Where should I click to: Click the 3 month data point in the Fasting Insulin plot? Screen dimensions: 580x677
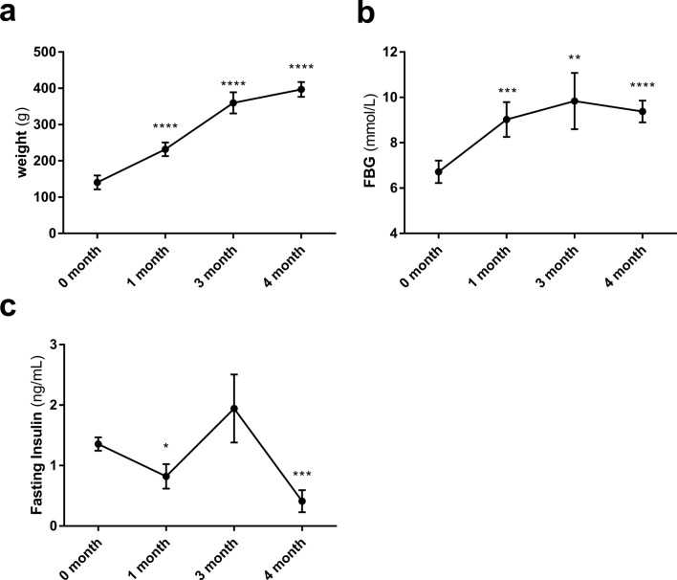(233, 409)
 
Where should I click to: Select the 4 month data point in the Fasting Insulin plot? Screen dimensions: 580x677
(301, 501)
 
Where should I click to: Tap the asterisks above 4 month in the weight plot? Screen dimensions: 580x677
(301, 67)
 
